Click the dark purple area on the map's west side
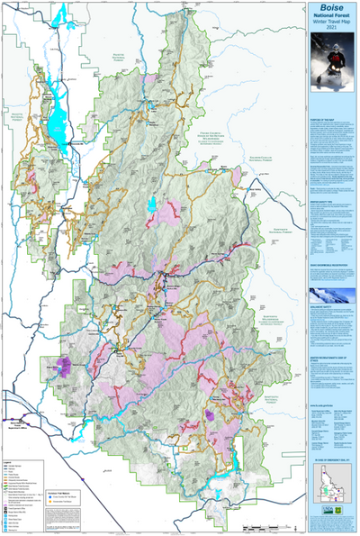point(66,365)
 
